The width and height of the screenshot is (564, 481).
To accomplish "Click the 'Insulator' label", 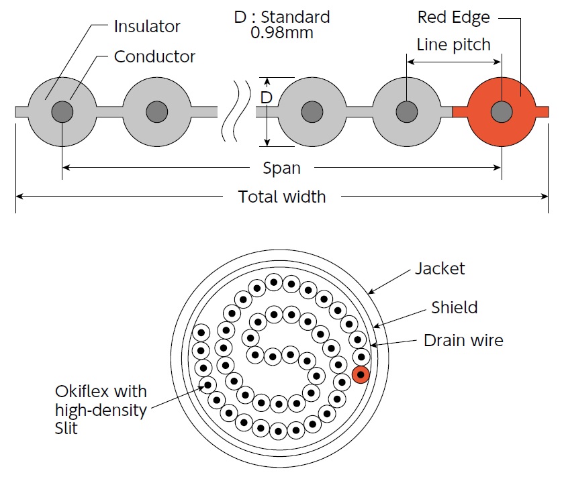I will tap(147, 27).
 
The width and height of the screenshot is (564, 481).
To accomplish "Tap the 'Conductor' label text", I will tap(154, 56).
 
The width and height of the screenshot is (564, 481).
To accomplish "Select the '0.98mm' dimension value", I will tap(281, 32).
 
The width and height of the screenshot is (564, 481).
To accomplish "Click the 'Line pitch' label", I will tap(454, 46).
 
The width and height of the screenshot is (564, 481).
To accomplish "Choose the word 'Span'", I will tap(281, 168).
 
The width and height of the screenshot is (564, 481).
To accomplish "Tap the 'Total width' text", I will tap(281, 197).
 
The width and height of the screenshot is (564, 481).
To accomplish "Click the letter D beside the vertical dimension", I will tap(267, 98).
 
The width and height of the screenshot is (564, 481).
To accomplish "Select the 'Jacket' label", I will tap(439, 268).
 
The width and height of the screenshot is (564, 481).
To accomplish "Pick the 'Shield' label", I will tap(455, 307).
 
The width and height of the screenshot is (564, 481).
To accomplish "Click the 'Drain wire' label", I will tap(463, 340).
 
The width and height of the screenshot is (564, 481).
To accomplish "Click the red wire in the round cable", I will tap(361, 374).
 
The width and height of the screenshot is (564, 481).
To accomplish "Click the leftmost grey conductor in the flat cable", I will tap(61, 111).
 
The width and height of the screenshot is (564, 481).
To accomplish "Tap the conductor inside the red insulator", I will tap(500, 111).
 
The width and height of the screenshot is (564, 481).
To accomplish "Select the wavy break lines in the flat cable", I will tap(238, 111).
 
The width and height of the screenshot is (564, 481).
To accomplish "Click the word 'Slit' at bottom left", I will tap(66, 428).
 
